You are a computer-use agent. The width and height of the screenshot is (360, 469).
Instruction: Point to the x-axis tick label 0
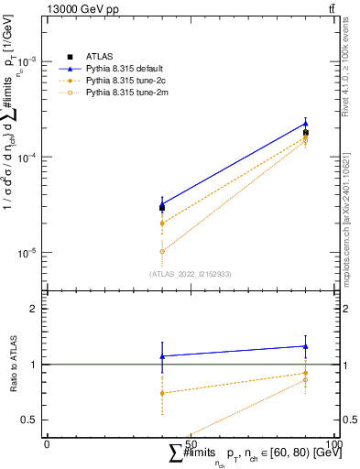(47, 443)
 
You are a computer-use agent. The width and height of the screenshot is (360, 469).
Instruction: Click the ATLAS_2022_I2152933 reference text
(190, 274)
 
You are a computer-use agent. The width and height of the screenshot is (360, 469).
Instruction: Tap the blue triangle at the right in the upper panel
(305, 123)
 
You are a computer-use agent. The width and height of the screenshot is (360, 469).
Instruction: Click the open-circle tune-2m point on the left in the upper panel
(162, 251)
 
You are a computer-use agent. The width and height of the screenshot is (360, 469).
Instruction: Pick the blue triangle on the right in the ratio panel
(305, 346)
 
